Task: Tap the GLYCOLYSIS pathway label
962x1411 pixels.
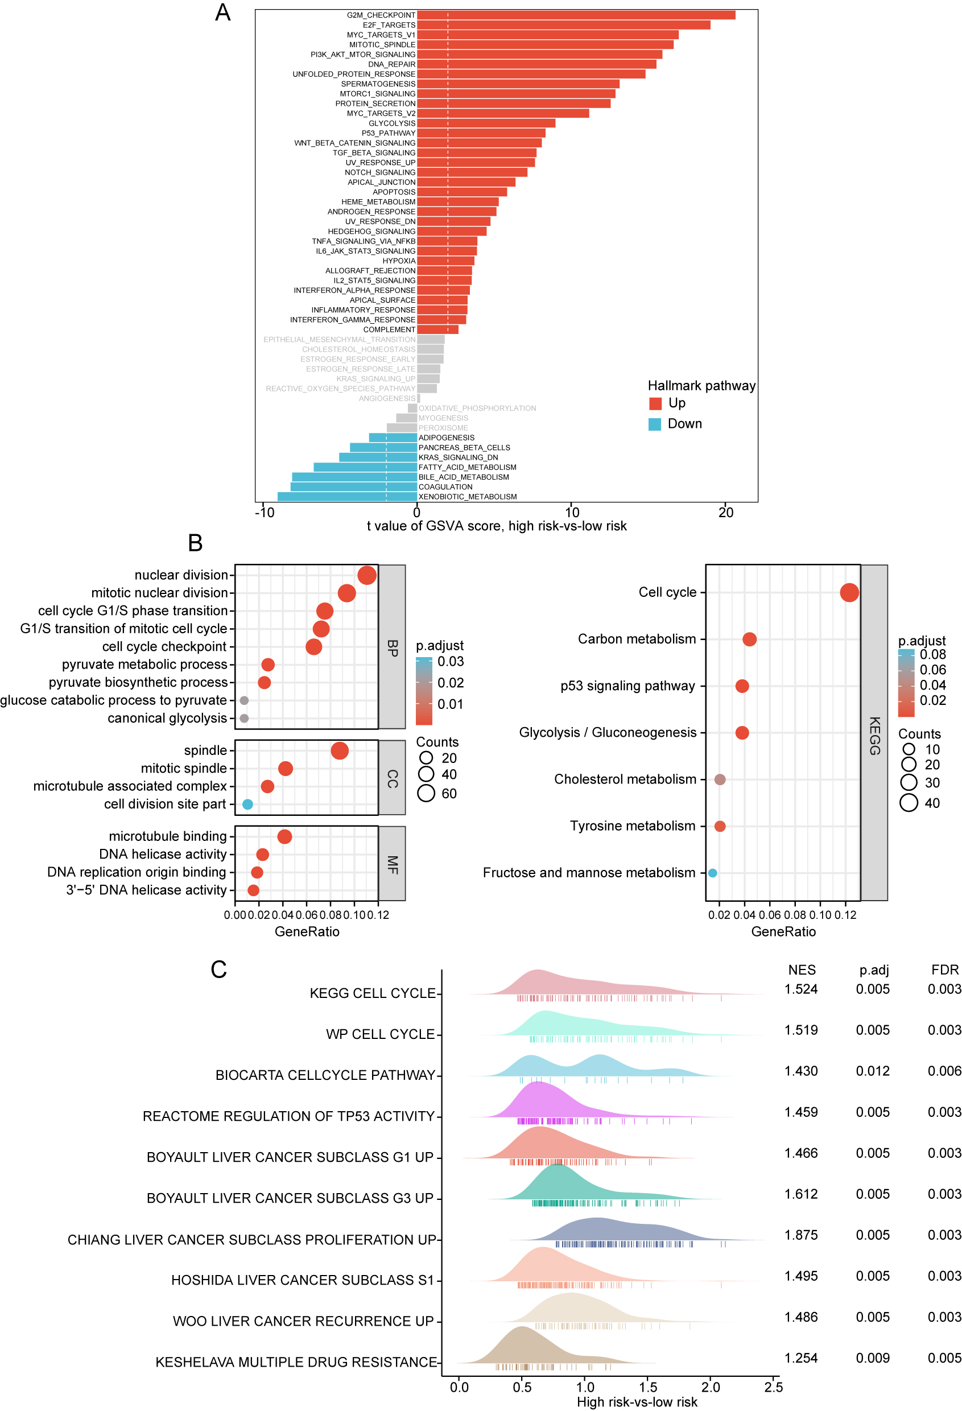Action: (x=391, y=123)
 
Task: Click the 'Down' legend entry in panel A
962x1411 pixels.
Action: (x=675, y=424)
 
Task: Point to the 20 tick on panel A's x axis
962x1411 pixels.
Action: (x=726, y=513)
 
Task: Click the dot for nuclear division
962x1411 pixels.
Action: (x=366, y=575)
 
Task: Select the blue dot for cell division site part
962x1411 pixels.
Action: (x=247, y=804)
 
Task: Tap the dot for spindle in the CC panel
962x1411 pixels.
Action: (x=339, y=750)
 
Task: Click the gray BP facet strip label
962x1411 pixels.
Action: (x=392, y=647)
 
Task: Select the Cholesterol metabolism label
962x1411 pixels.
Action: (x=625, y=779)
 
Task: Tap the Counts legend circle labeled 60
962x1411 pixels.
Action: (x=426, y=793)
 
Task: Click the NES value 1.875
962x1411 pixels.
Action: (x=800, y=1235)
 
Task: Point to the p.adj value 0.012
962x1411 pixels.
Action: (x=872, y=1071)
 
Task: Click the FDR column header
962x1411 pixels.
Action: (x=944, y=969)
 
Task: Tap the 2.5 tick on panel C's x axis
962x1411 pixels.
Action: (x=773, y=1387)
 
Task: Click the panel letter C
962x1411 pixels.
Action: (x=218, y=969)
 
